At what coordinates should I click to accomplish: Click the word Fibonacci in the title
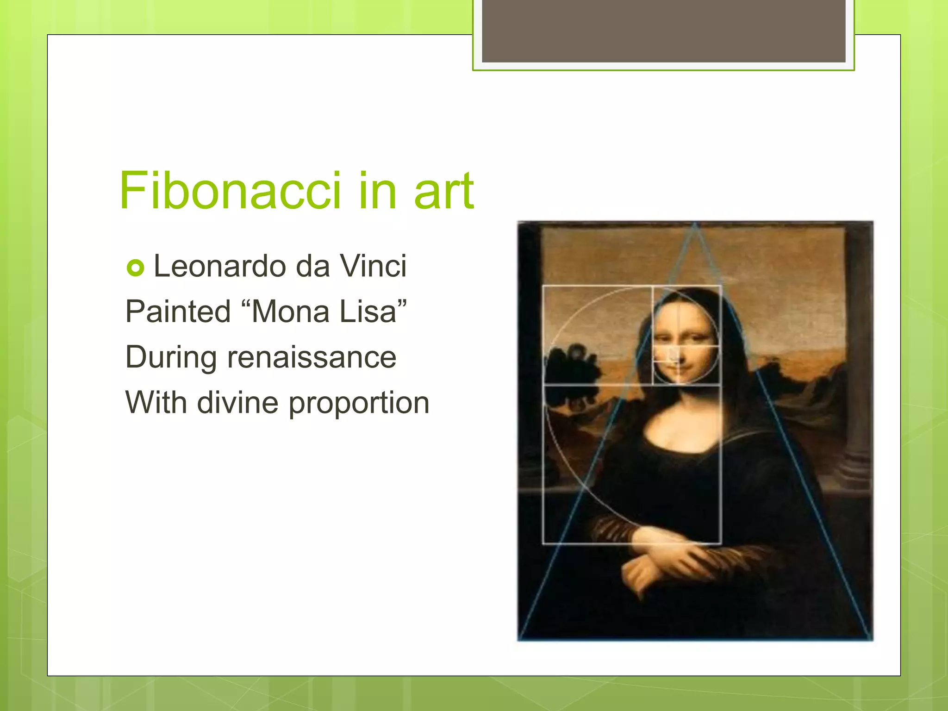[230, 191]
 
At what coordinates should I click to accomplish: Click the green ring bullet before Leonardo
[136, 268]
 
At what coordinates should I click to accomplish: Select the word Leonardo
[220, 266]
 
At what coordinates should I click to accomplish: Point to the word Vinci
[373, 266]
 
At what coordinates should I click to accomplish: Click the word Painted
[178, 311]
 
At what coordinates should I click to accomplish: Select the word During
[171, 357]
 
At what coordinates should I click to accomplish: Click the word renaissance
[312, 357]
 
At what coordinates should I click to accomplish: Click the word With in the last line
[156, 402]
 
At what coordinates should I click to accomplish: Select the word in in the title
[377, 191]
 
